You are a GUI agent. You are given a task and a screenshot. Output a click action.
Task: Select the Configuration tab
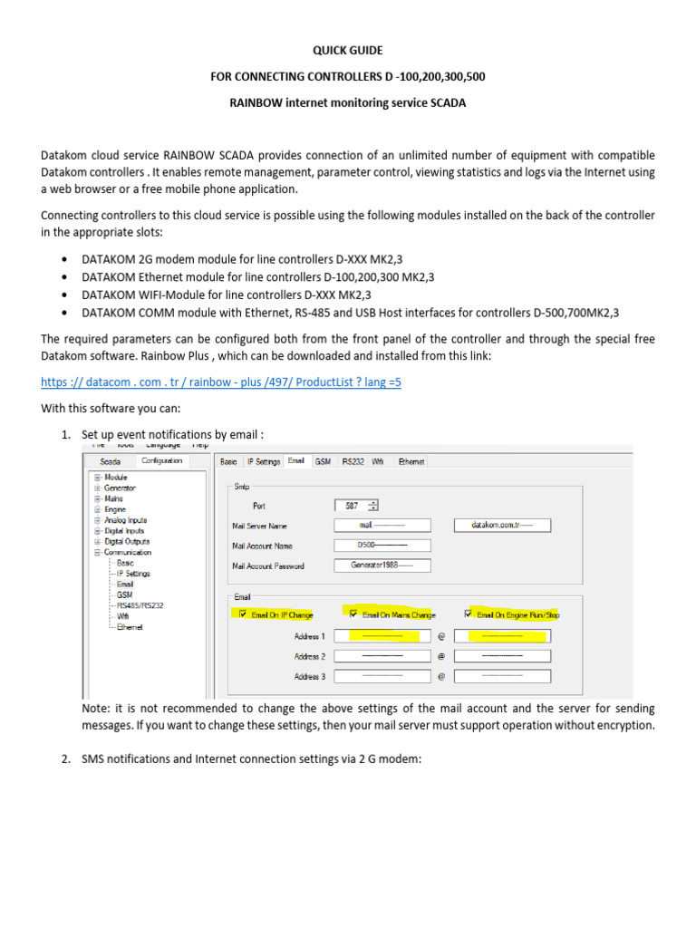coord(161,460)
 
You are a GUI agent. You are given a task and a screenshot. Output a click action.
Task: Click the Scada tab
coord(110,461)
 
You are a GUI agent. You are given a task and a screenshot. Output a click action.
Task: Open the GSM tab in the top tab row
coord(322,461)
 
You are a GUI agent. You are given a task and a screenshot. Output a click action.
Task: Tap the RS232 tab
coord(353,461)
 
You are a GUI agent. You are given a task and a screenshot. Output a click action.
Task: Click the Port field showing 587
coord(355,506)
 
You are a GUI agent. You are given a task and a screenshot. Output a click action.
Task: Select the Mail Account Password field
coord(382,565)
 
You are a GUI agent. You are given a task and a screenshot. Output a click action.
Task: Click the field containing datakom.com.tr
coord(502,525)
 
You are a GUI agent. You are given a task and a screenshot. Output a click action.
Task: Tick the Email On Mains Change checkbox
coord(349,614)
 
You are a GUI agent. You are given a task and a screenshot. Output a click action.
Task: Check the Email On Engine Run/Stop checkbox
coord(469,614)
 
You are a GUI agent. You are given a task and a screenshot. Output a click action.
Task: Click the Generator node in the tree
coord(121,488)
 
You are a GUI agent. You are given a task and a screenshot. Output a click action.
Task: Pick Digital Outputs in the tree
coord(127,541)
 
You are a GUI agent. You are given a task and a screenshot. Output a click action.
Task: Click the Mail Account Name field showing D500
coord(382,546)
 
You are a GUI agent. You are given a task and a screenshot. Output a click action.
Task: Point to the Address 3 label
coord(307,677)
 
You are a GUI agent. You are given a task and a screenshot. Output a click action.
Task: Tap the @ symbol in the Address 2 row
coord(440,656)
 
